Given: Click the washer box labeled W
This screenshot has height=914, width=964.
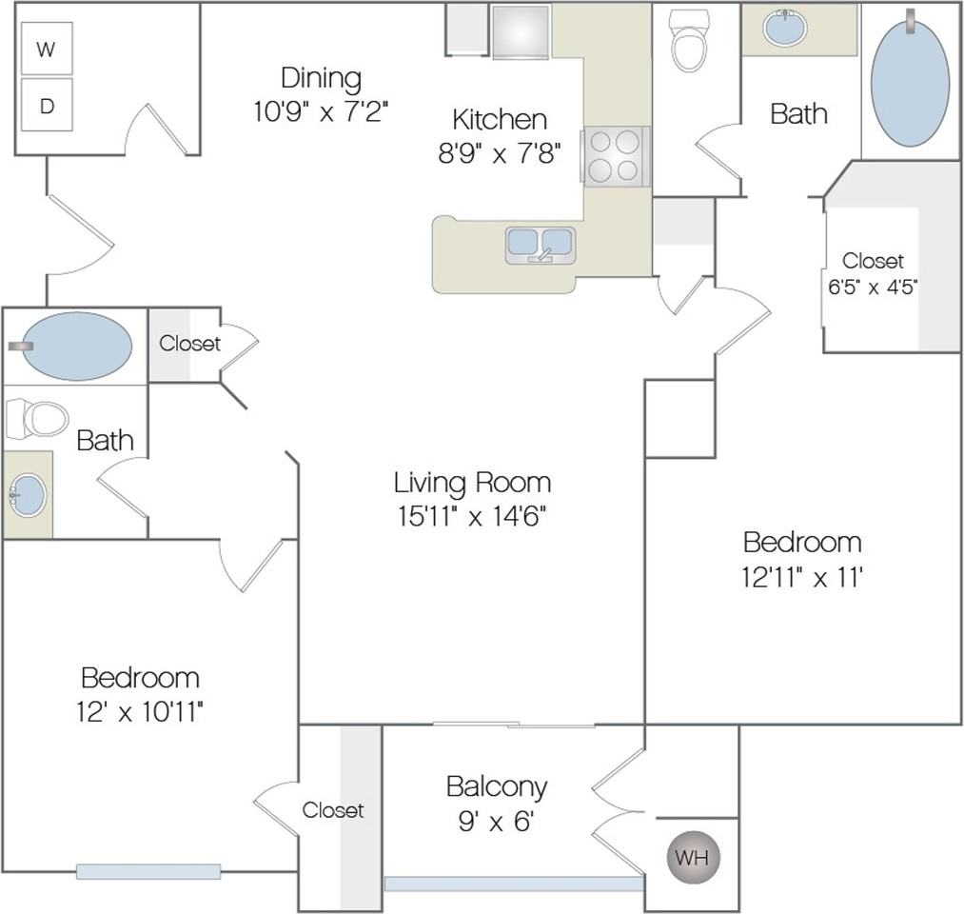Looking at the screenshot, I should tap(46, 51).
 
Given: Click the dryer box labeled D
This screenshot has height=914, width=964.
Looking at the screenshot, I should tap(46, 106).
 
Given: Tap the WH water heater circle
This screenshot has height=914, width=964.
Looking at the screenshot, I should tap(692, 857).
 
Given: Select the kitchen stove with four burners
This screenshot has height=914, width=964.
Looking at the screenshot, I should tap(614, 156).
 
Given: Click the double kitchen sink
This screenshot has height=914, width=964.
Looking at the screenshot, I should tap(540, 244).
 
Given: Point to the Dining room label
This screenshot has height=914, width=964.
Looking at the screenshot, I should tap(321, 77).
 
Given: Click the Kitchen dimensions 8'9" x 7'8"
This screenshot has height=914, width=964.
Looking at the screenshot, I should tap(499, 153).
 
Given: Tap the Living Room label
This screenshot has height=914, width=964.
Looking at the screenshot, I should tap(472, 482).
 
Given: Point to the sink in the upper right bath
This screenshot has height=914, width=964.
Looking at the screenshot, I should tap(785, 29).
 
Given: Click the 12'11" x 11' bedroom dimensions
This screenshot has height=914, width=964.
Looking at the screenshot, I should tap(801, 577).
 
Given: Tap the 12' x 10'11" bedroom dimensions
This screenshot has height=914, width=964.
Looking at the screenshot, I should tap(141, 710).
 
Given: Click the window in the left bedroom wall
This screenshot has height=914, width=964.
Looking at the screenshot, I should tap(148, 871).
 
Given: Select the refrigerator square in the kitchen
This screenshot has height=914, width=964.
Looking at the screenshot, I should tap(521, 32).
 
